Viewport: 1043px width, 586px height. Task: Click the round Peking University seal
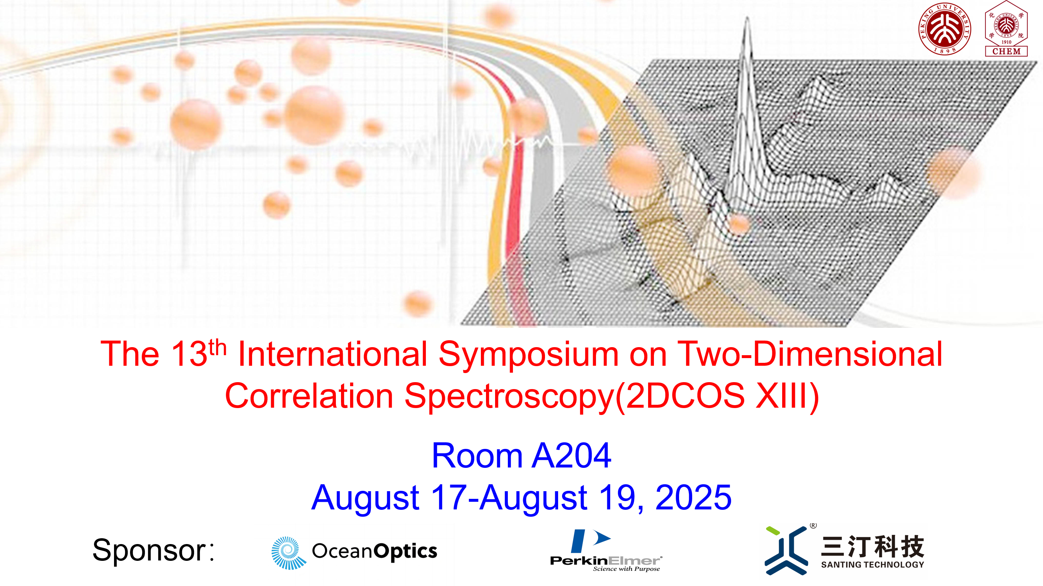tap(944, 29)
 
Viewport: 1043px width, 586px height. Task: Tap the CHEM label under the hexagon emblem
tap(1006, 51)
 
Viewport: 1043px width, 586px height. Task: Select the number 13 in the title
tap(189, 354)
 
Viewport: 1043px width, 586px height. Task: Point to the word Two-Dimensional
tap(810, 354)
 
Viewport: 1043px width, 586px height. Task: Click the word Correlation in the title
tap(309, 396)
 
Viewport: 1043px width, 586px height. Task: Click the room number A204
tap(571, 455)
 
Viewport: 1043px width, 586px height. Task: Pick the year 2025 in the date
tap(693, 498)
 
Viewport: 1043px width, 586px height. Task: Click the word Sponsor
tap(149, 551)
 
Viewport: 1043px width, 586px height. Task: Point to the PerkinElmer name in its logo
tap(606, 561)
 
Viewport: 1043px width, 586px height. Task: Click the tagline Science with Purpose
tap(626, 569)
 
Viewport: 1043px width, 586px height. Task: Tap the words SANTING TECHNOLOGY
tap(873, 564)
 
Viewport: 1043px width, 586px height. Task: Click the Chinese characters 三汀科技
tap(873, 546)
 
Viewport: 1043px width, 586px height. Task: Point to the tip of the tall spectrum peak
tap(748, 17)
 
